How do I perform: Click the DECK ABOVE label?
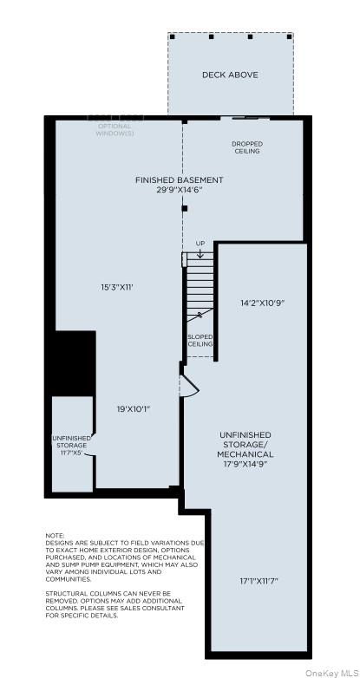tap(230, 75)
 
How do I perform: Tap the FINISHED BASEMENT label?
tap(179, 179)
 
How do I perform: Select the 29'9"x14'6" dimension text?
tap(179, 189)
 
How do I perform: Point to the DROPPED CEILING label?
tap(247, 147)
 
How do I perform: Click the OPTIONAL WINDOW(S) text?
tap(115, 131)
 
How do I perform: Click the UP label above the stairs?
tap(200, 244)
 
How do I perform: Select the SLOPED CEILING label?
tap(200, 340)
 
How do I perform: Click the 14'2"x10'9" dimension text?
tap(262, 303)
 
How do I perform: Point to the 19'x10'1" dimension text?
tap(134, 408)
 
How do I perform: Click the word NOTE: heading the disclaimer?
tap(55, 535)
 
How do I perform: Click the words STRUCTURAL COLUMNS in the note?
tap(87, 594)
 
